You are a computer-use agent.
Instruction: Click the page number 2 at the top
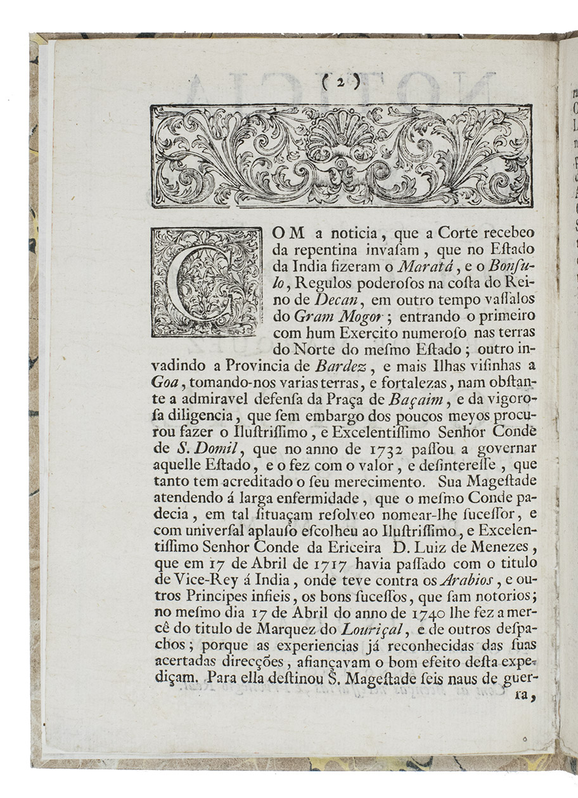point(340,81)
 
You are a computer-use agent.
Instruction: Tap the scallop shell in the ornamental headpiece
point(341,137)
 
